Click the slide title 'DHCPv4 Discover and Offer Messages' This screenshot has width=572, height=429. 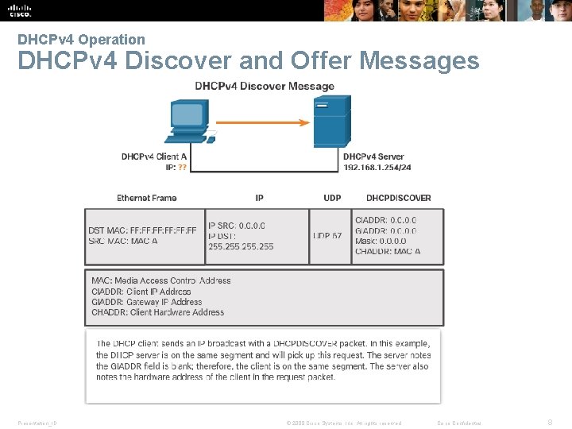point(248,61)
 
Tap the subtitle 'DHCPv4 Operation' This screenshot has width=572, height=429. point(81,39)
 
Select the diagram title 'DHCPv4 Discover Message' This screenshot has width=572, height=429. point(265,86)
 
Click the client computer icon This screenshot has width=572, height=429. point(191,122)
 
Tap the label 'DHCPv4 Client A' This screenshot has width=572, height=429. point(154,157)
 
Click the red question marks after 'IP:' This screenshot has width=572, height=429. point(183,168)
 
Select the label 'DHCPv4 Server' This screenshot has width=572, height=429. point(373,157)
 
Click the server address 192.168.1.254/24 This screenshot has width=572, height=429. point(377,168)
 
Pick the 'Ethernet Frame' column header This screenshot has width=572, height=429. point(147,198)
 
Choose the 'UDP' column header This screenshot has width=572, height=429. point(333,198)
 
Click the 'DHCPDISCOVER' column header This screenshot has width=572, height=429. point(399,198)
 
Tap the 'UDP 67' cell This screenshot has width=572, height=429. point(327,236)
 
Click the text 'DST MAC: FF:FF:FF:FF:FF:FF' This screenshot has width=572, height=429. point(142,230)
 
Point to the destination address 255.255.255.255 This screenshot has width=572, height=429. point(241,246)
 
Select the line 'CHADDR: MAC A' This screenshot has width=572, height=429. point(388,252)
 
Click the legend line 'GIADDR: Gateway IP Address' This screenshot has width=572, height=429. point(147,302)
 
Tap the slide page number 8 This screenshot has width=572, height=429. point(550,423)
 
